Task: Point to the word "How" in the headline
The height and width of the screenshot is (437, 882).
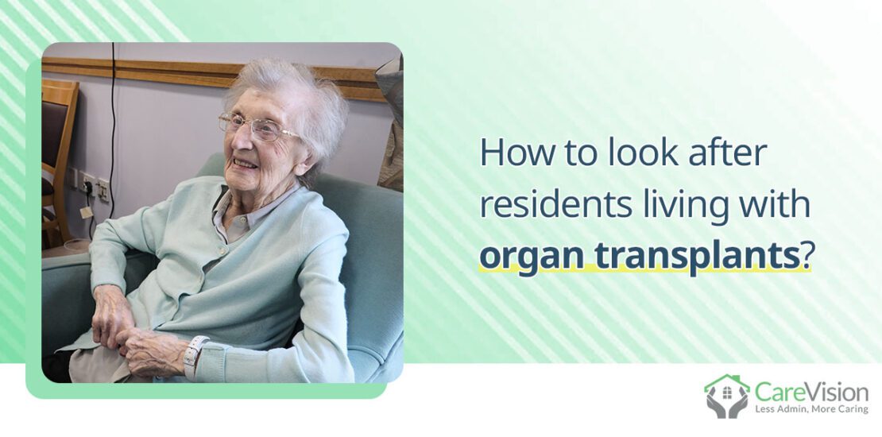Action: point(505,153)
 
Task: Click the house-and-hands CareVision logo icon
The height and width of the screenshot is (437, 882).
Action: point(726,396)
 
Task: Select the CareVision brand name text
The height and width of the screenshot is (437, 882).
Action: point(810,390)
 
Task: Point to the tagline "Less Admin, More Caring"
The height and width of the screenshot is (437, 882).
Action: point(810,409)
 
